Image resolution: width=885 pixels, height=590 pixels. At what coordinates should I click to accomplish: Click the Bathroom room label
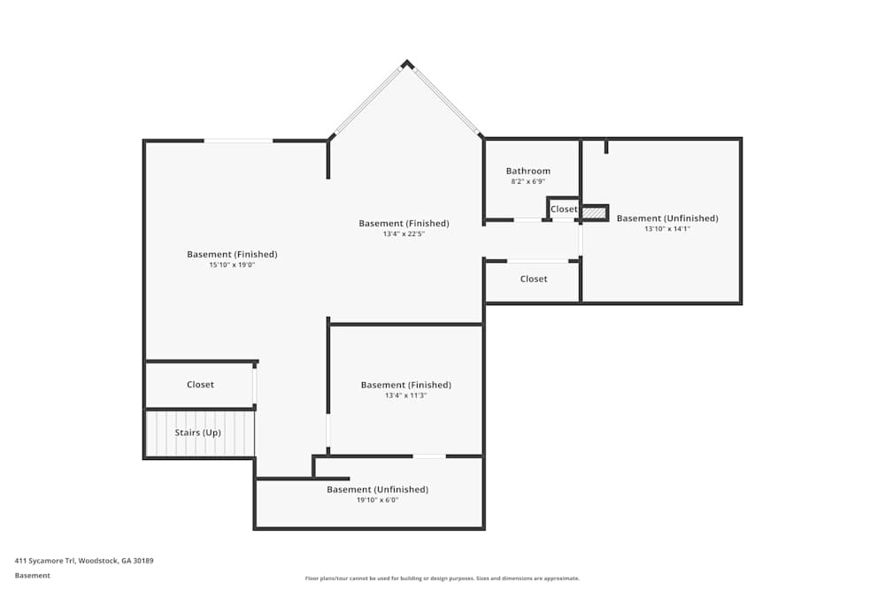pos(527,171)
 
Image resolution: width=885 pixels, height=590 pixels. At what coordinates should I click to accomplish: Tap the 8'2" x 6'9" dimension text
pos(527,181)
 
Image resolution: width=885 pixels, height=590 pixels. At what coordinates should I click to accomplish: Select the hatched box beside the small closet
pos(594,213)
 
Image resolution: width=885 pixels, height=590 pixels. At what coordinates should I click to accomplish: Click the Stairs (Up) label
pos(197,433)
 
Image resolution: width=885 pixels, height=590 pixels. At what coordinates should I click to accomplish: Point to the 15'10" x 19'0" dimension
pos(232,264)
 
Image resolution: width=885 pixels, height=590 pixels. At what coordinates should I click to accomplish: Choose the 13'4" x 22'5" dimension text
pos(404,234)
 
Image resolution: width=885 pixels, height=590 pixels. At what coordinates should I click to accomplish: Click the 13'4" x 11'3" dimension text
pos(405,395)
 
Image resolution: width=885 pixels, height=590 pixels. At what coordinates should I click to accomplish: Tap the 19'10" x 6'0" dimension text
pos(377,500)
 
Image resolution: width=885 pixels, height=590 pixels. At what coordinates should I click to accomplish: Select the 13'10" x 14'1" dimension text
pos(667,229)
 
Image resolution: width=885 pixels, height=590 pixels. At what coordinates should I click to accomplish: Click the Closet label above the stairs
pos(200,385)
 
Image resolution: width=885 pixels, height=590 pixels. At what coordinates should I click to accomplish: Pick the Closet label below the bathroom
pos(534,279)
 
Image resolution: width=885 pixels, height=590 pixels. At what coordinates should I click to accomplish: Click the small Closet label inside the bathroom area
pos(564,210)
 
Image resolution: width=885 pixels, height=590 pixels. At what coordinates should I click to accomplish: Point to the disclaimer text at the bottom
pos(442,579)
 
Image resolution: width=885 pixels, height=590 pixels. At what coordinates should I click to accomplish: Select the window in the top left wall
pos(239,141)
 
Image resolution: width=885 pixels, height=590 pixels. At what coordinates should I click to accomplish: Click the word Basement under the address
pos(32,575)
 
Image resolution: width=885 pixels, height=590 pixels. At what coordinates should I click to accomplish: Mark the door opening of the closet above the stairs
pos(255,387)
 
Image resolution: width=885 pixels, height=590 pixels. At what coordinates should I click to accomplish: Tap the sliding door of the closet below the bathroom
pos(538,261)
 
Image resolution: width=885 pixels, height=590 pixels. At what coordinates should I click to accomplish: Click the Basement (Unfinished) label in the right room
pos(667,218)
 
